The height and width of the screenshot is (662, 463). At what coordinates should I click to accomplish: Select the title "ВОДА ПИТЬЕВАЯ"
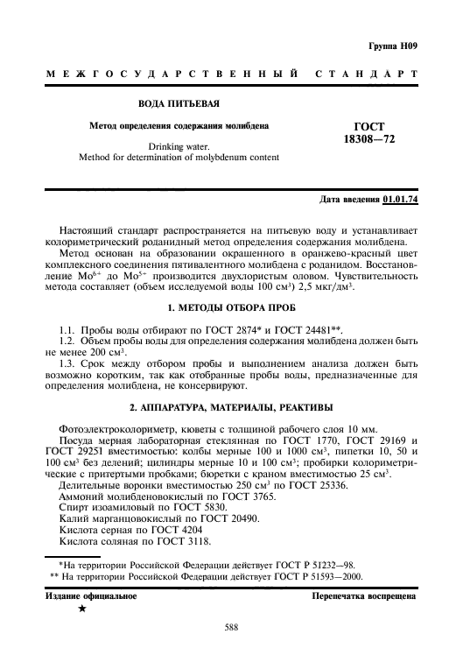(179, 105)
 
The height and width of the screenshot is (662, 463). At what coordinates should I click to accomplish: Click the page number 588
(231, 626)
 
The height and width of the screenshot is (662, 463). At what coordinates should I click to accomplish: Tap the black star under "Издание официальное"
(81, 608)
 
